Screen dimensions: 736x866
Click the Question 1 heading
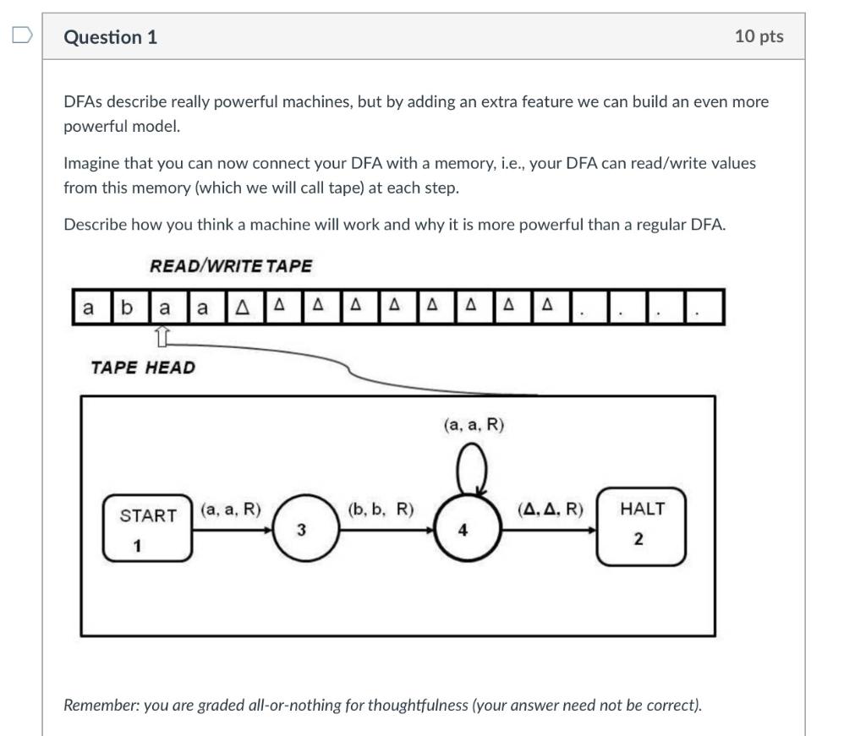click(x=110, y=37)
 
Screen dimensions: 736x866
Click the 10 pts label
click(x=759, y=36)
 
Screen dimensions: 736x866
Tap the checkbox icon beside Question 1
click(x=22, y=35)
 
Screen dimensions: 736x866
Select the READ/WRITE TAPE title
click(x=231, y=266)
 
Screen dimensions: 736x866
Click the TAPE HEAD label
click(x=142, y=368)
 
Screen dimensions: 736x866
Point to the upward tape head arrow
click(x=164, y=336)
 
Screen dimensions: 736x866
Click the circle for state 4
click(x=463, y=529)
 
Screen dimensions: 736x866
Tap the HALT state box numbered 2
click(x=641, y=525)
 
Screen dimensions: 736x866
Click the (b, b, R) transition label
click(x=381, y=509)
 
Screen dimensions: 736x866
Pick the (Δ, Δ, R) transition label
click(x=551, y=509)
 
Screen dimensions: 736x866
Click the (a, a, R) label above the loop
click(x=474, y=425)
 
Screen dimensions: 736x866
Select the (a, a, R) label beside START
click(x=231, y=509)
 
